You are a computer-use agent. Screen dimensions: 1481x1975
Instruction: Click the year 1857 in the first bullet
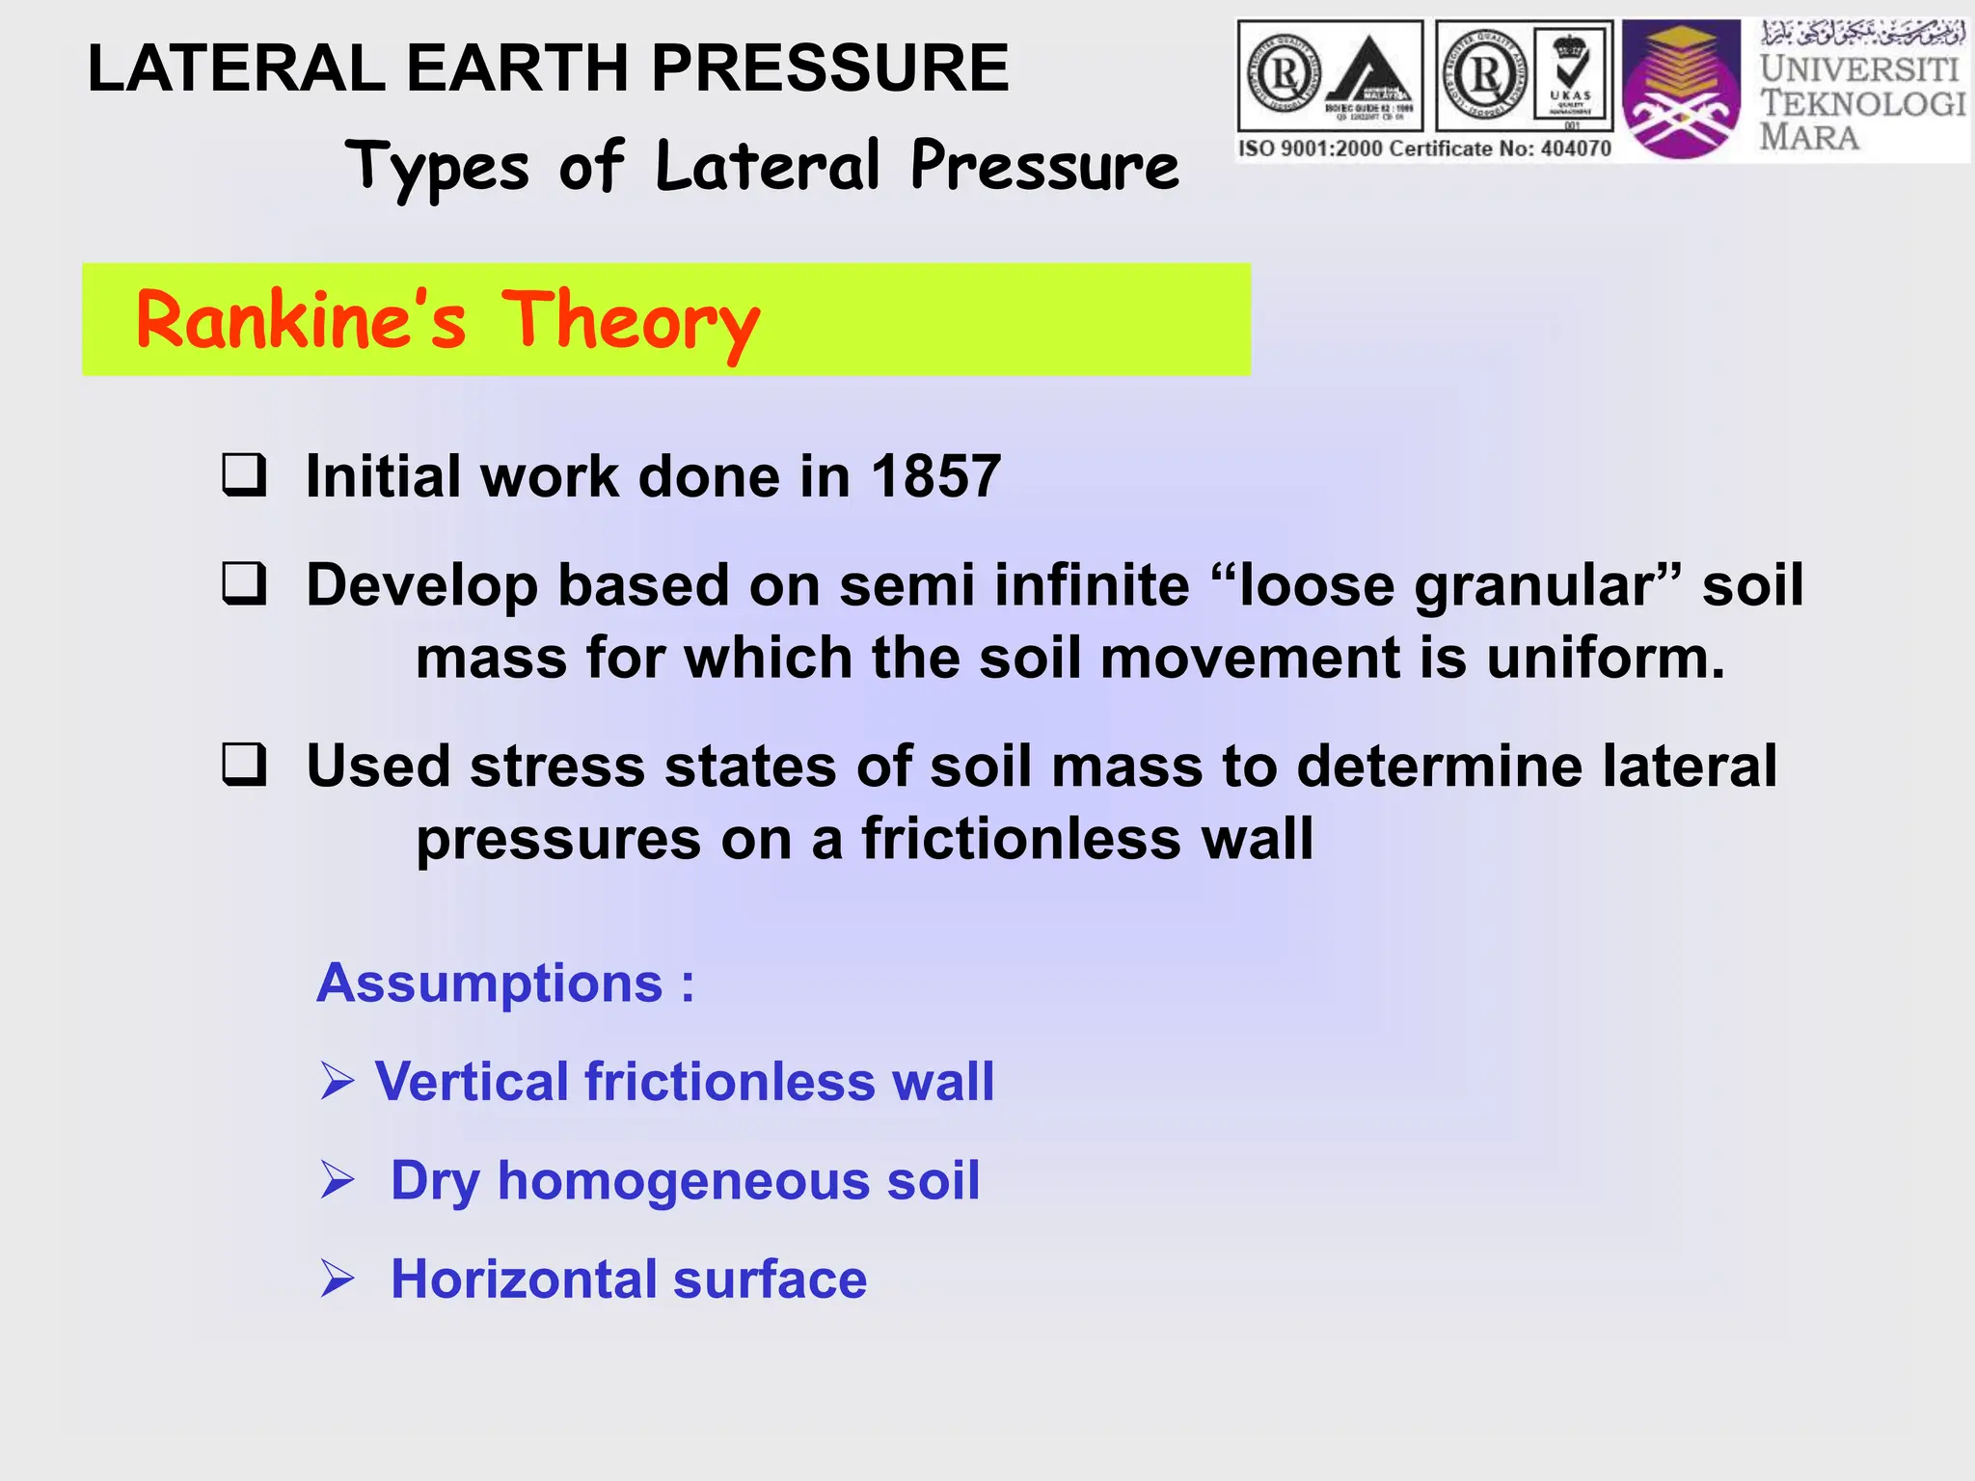click(x=935, y=476)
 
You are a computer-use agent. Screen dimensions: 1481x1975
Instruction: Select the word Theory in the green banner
click(x=631, y=322)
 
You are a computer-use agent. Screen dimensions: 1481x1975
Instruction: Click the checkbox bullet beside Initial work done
click(x=244, y=474)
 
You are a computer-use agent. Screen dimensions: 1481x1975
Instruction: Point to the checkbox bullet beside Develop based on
click(x=244, y=583)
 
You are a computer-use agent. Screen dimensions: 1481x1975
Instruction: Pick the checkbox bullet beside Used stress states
click(x=244, y=765)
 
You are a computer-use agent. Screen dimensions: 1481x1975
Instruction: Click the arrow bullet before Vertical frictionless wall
click(x=338, y=1081)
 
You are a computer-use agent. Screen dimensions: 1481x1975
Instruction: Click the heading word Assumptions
click(x=490, y=983)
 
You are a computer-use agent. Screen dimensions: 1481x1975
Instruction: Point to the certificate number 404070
click(x=1574, y=148)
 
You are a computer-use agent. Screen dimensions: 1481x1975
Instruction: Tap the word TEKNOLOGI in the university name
click(x=1862, y=103)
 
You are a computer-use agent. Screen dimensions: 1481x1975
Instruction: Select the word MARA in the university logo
click(x=1809, y=137)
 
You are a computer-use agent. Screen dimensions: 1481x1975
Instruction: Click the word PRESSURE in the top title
click(x=830, y=68)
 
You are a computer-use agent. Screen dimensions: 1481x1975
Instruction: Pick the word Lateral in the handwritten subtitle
click(x=768, y=165)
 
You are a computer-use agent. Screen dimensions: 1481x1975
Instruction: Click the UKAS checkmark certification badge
click(x=1572, y=75)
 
